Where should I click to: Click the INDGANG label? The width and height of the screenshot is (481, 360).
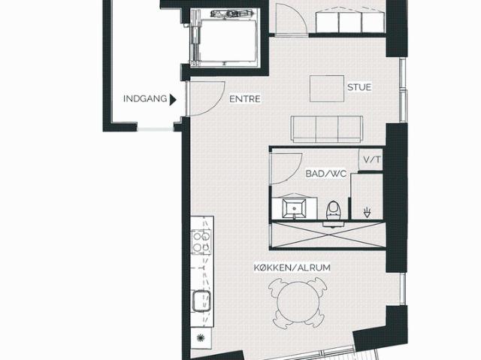145,98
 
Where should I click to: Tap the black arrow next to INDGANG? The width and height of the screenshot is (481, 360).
173,100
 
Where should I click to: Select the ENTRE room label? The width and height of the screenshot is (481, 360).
245,99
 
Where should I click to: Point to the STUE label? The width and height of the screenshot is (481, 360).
359,87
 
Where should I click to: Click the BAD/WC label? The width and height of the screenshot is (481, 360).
325,174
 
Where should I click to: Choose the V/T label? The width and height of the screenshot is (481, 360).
371,159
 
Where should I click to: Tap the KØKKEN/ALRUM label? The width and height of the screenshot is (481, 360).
292,268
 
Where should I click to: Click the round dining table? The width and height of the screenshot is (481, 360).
296,304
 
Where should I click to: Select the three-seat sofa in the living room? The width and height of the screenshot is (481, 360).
327,129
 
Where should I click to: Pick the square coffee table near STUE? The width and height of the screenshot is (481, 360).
327,89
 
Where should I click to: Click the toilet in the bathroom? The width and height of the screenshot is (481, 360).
334,212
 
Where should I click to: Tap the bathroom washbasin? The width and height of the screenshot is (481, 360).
294,208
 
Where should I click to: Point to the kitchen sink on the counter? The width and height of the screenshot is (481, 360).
201,301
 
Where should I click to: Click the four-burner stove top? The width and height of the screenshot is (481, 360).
201,242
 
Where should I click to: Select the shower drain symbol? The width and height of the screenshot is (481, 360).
367,213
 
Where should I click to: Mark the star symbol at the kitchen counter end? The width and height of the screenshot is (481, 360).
201,338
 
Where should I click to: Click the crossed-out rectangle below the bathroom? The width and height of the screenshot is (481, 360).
328,234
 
